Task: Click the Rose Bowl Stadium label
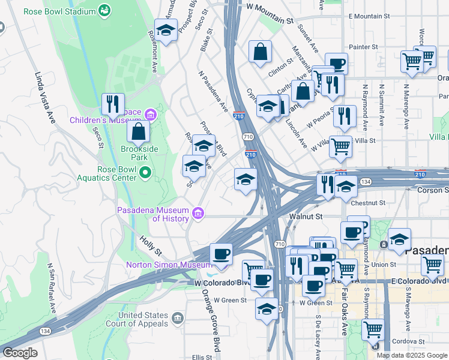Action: coord(59,11)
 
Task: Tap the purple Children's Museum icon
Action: coord(150,114)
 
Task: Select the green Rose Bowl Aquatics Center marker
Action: coord(145,173)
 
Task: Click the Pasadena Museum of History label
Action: coord(152,214)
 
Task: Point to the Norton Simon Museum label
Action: coord(168,265)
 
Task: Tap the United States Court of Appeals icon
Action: coord(177,317)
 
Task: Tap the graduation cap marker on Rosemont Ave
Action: coord(166,29)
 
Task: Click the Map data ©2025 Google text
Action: coord(411,355)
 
